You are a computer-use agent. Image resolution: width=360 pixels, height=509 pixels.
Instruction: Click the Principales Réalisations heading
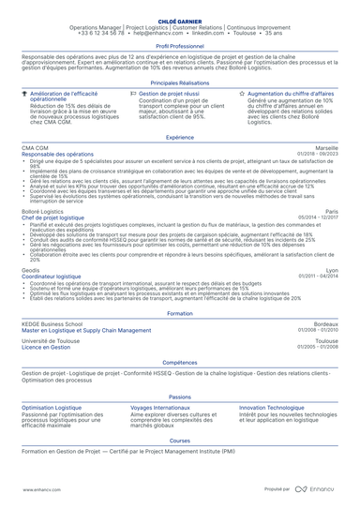pyautogui.click(x=179, y=82)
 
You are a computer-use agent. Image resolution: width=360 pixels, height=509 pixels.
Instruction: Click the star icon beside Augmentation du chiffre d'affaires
pyautogui.click(x=243, y=95)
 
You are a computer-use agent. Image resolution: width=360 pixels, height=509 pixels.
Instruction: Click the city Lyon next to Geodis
pyautogui.click(x=332, y=271)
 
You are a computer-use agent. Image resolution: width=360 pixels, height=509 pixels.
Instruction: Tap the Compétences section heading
pyautogui.click(x=179, y=361)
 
